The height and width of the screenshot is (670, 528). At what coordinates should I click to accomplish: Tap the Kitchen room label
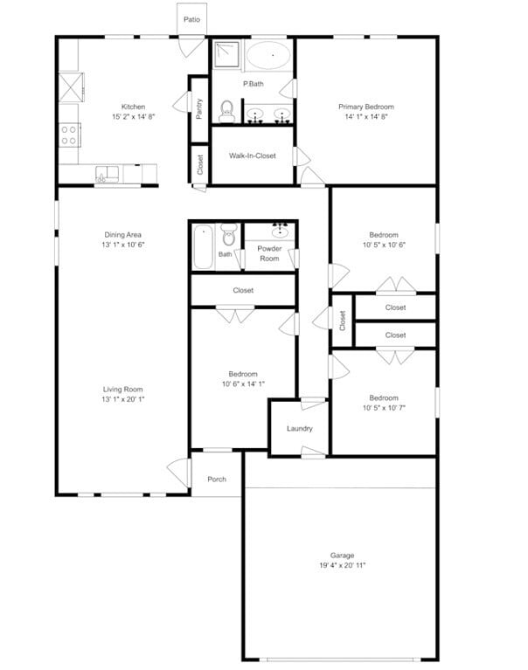(133, 107)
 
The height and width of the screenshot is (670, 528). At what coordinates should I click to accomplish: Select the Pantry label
(200, 107)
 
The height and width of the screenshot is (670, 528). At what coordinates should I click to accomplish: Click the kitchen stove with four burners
(69, 135)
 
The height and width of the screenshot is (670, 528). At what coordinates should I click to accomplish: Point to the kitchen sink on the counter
(107, 174)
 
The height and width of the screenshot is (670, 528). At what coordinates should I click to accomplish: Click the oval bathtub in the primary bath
(270, 57)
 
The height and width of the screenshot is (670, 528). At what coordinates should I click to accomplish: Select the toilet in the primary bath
(226, 109)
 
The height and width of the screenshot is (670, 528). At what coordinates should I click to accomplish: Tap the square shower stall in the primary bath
(226, 54)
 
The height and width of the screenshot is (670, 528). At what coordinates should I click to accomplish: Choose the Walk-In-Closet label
(253, 155)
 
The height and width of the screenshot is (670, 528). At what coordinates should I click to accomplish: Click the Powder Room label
(268, 253)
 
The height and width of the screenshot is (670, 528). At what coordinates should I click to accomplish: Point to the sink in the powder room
(281, 231)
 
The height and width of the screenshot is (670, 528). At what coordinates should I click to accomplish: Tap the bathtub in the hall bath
(202, 246)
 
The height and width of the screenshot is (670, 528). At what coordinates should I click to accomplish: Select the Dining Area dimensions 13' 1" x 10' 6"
(123, 245)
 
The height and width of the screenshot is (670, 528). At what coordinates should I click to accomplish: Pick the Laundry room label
(300, 428)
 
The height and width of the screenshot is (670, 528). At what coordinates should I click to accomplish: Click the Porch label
(216, 479)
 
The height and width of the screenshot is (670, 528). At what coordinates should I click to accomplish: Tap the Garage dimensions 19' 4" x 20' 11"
(342, 565)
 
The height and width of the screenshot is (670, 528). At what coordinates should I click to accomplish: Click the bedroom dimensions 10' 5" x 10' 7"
(384, 407)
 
